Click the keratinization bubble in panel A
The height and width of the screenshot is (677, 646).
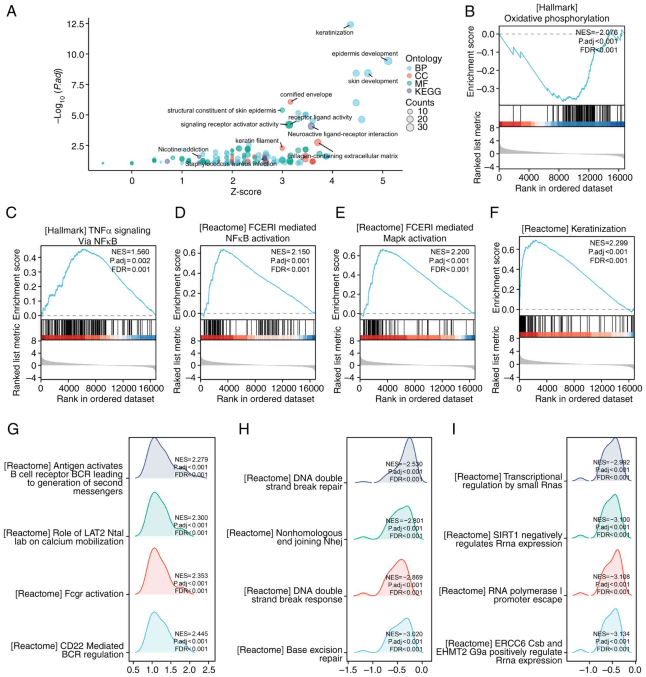coord(350,24)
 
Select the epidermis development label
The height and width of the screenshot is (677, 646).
coord(365,54)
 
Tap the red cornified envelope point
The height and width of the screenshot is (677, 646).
coord(290,101)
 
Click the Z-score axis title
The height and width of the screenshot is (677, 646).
coord(246,191)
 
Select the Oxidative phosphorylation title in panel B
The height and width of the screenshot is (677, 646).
coord(556,18)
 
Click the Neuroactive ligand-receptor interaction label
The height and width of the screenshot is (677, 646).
coord(342,134)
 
